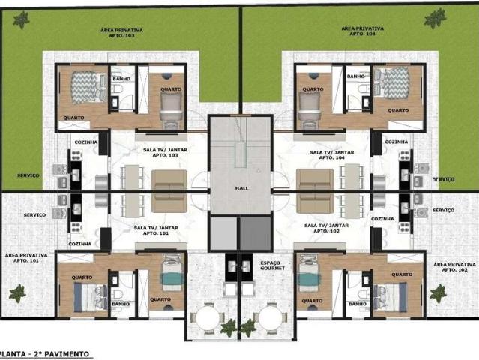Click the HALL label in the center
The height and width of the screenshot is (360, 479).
click(241, 188)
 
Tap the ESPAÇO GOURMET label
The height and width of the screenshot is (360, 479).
click(273, 265)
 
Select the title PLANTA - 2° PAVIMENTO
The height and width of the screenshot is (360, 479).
click(44, 354)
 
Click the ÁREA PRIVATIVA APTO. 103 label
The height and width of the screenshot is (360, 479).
click(121, 33)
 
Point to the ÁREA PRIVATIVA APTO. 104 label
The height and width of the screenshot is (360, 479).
click(362, 31)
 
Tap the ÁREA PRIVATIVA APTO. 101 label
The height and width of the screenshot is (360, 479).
click(26, 257)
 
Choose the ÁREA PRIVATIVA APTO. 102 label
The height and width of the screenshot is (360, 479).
click(454, 267)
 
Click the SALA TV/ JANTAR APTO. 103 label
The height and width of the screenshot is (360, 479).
click(165, 152)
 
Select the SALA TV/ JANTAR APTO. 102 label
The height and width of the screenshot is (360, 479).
click(326, 228)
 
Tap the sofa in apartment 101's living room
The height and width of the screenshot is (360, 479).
click(169, 202)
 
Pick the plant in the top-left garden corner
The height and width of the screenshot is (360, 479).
click(21, 19)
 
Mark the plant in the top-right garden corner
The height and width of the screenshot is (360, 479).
click(435, 18)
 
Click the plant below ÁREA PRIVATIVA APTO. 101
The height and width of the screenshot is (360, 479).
click(17, 293)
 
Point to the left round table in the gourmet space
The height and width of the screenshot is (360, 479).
click(208, 318)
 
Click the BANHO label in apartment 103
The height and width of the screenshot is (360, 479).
click(121, 79)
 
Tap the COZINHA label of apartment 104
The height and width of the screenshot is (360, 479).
click(397, 142)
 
